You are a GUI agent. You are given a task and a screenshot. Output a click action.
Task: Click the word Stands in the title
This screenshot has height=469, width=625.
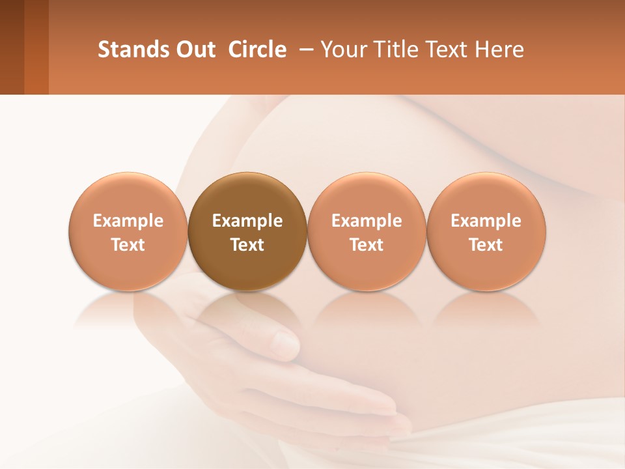(x=133, y=50)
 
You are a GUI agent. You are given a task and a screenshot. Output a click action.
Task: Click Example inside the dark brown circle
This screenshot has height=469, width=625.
(x=247, y=221)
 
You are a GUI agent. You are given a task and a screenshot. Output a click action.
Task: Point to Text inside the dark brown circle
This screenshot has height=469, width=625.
(x=247, y=245)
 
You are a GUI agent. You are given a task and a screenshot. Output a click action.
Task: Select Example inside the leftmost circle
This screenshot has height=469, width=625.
(x=128, y=221)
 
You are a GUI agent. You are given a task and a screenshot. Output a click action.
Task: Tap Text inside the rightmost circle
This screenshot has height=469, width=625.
(x=486, y=245)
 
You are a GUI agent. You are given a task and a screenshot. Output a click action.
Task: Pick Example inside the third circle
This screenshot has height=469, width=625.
(x=367, y=221)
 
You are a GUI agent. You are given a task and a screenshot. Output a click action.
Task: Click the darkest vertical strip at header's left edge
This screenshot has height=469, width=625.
(x=12, y=47)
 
